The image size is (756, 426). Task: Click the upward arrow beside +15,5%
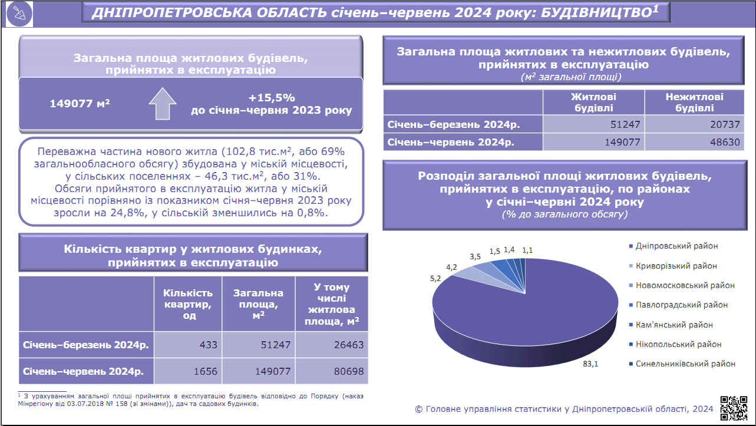pos(163,104)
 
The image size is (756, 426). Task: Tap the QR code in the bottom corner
pos(734,408)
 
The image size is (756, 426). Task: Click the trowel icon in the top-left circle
pos(19,14)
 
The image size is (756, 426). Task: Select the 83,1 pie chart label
pos(590,364)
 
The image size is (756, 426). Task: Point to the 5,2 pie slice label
pos(435,279)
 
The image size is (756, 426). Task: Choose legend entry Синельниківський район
pos(682,364)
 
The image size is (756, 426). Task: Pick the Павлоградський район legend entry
pos(678,305)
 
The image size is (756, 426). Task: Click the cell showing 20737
pos(695,124)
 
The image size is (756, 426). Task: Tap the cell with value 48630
pos(695,142)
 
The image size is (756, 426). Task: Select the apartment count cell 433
pos(188,345)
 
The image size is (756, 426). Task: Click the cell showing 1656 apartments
pos(188,371)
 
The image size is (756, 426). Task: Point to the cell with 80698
pos(332,371)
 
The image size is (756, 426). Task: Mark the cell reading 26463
pos(332,345)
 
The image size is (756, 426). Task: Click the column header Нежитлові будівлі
pos(695,103)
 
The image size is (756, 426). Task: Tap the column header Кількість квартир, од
pos(188,304)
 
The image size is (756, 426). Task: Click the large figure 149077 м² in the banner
pos(80,103)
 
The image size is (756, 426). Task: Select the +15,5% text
pos(272,98)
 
